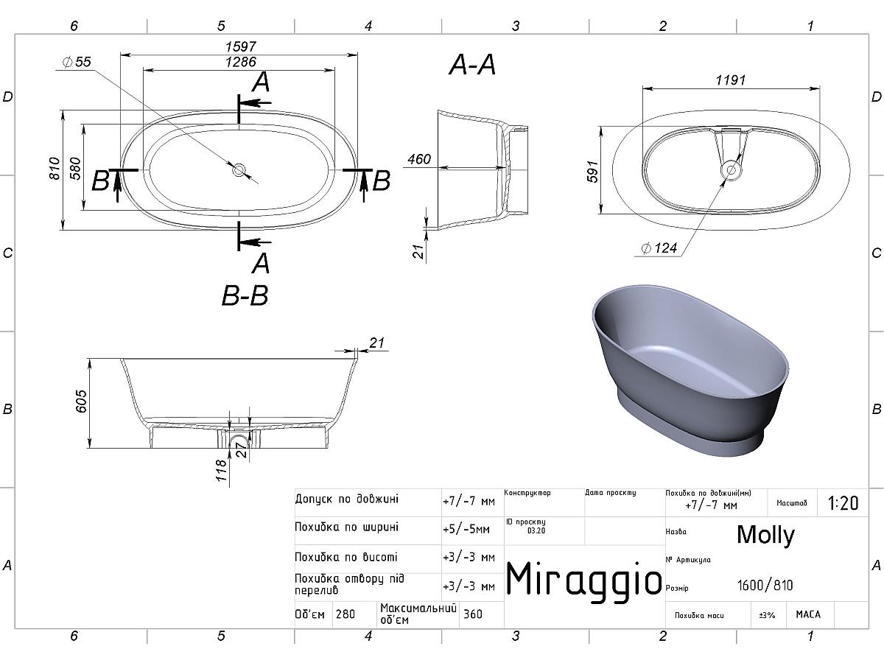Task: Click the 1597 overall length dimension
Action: pos(240,46)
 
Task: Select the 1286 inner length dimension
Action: pos(240,62)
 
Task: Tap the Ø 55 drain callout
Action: pos(77,62)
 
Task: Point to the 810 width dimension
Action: pos(55,169)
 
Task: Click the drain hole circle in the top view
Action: pos(239,169)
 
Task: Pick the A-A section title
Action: pos(472,65)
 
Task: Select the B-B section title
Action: pos(245,296)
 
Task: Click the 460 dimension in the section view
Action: pos(419,159)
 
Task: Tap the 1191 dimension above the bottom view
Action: pos(731,80)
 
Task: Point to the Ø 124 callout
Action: pos(659,248)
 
